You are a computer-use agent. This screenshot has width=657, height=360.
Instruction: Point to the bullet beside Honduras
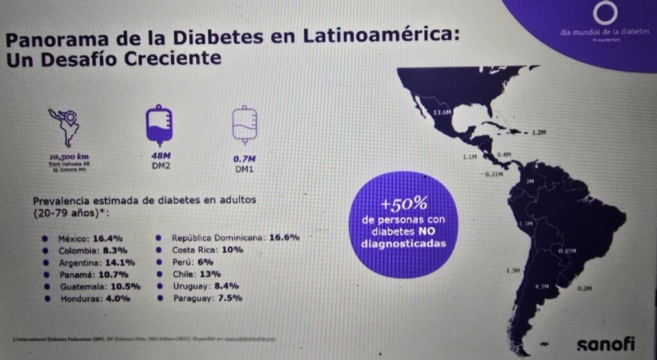click(46, 298)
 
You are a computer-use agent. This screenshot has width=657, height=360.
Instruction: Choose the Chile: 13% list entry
click(192, 273)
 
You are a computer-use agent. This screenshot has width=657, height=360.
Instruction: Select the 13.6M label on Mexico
click(442, 113)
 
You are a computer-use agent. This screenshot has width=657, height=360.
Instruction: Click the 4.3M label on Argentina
click(542, 287)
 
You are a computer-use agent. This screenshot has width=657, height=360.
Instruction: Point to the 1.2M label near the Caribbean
click(538, 133)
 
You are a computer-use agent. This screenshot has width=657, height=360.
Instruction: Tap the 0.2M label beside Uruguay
click(584, 288)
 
